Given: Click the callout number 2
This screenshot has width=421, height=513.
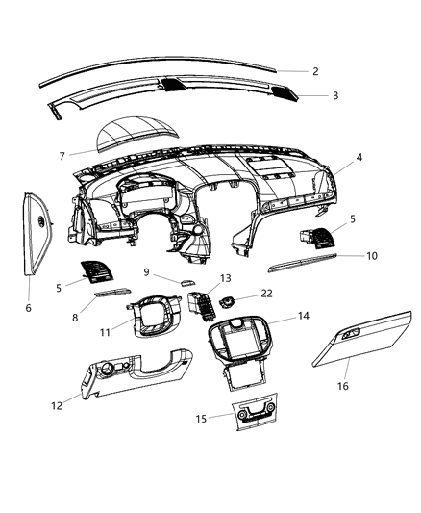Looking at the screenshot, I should click(x=314, y=71).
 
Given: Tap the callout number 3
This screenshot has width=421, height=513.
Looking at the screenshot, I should click(x=334, y=95).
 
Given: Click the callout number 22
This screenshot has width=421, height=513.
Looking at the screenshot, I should click(x=266, y=294).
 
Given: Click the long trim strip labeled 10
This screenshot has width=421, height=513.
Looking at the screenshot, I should click(x=303, y=260).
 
